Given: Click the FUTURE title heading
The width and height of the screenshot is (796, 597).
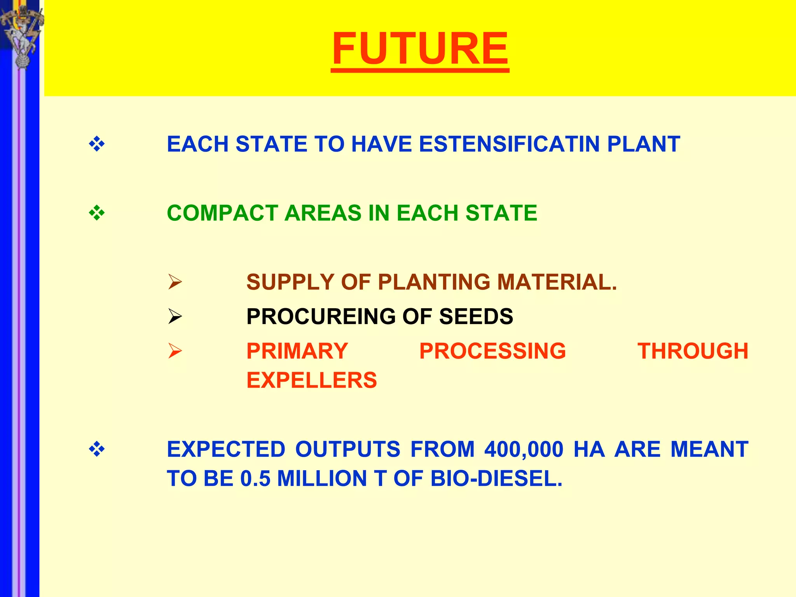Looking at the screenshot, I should click(x=420, y=49).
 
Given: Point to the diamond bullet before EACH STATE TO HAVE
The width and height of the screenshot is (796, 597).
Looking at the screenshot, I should click(x=97, y=145).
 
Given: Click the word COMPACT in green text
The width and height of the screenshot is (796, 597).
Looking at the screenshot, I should click(x=222, y=213).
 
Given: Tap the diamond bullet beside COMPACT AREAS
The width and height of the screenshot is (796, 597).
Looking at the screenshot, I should click(x=97, y=213).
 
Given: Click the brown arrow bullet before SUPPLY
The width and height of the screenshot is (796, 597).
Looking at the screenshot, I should click(x=175, y=282).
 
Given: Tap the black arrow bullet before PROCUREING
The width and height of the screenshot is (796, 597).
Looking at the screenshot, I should click(x=175, y=316).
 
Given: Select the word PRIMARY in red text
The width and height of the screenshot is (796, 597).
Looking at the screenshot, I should click(x=297, y=351).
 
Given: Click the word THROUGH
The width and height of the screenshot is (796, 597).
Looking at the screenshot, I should click(x=693, y=351).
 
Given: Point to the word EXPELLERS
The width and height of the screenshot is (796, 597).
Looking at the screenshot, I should click(x=312, y=380).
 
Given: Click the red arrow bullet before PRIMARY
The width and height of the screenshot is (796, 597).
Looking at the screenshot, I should click(x=175, y=351).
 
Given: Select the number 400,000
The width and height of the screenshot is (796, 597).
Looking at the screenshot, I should click(x=524, y=450).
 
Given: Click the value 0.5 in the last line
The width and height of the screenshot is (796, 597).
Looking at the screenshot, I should click(x=255, y=478).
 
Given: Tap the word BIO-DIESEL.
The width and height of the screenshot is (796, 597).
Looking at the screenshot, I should click(x=496, y=478).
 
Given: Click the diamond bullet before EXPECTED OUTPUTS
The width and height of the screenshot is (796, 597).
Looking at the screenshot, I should click(x=97, y=450).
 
